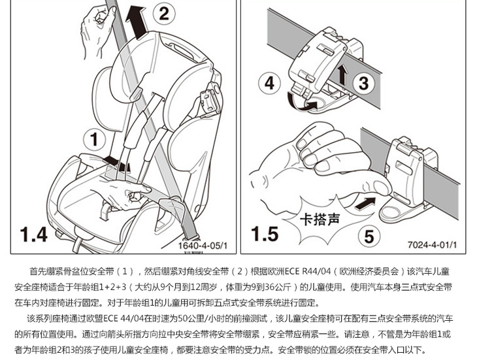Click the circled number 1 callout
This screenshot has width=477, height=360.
tap(93, 139)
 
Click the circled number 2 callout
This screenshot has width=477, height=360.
tap(164, 14)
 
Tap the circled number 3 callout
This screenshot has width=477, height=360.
tap(364, 83)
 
